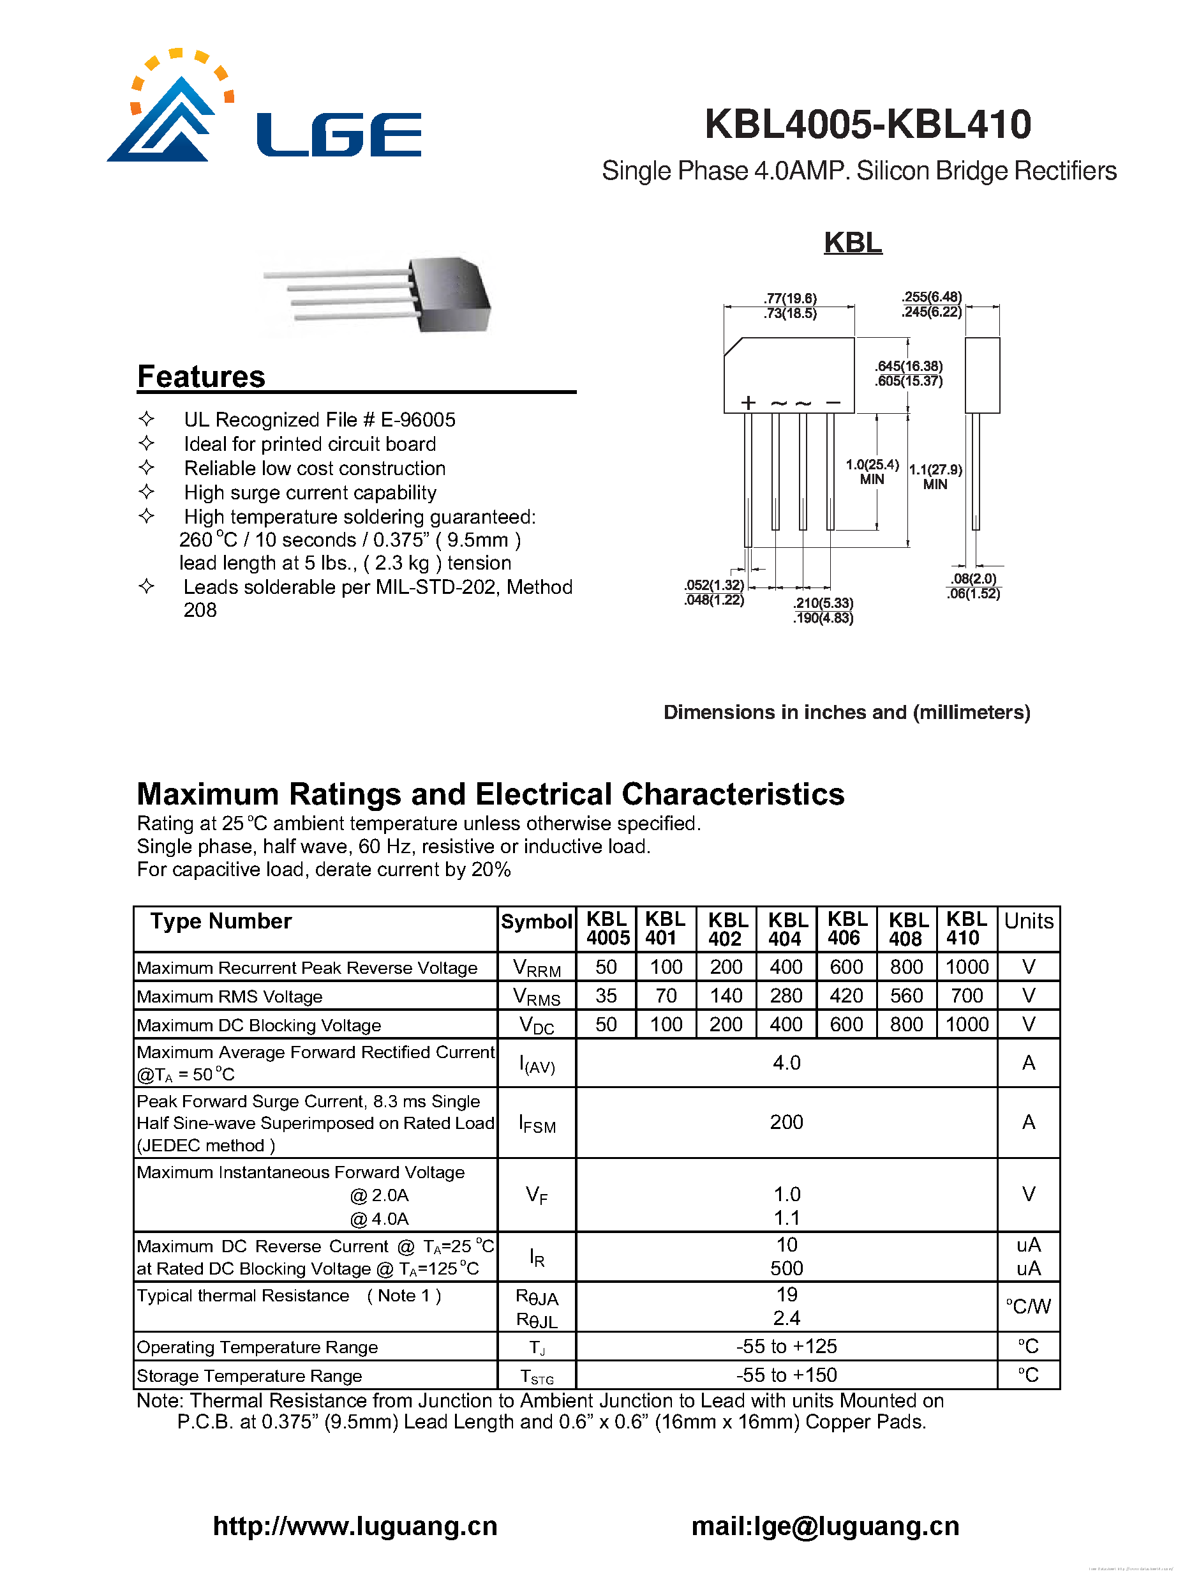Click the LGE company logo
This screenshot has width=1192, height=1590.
point(263,108)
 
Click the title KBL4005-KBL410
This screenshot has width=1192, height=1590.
point(867,124)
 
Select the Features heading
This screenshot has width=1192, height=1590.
point(201,377)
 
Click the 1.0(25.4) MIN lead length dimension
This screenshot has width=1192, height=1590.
point(872,471)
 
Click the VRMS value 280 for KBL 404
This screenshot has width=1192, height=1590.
point(786,996)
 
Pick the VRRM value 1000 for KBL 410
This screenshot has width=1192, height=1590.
point(966,967)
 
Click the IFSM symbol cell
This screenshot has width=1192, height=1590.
point(537,1123)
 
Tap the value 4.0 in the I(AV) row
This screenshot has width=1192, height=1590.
point(786,1063)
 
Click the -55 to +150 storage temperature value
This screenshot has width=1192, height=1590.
point(786,1374)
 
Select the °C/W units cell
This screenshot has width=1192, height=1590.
point(1027,1306)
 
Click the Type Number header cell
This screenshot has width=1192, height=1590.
point(221,921)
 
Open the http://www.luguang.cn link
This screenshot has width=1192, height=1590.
point(355,1526)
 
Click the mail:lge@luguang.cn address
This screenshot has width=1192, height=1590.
point(825,1526)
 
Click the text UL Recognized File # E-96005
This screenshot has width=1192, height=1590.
point(319,420)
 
